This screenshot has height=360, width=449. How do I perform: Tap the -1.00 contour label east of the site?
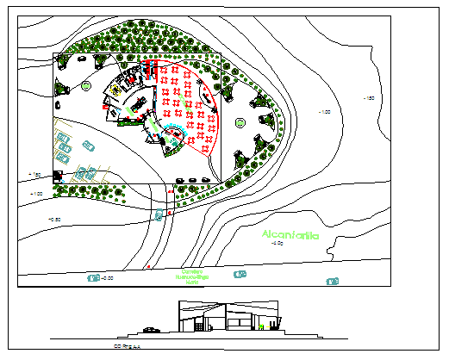[x=325, y=112]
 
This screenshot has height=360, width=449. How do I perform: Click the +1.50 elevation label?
[x=35, y=176]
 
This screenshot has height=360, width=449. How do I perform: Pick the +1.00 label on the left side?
[x=36, y=194]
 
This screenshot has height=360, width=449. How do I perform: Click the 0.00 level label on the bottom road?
[x=107, y=278]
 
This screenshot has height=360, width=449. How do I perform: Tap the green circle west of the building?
[x=85, y=84]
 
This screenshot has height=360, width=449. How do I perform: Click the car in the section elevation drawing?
[x=152, y=328]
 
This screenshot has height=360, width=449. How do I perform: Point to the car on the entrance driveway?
[x=159, y=214]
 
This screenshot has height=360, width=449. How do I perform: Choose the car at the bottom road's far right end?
[x=332, y=281]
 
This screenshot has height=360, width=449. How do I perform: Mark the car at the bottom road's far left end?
[x=92, y=278]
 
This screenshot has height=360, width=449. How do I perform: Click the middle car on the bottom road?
[x=240, y=276]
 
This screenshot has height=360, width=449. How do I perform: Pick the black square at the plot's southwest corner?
[x=58, y=177]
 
